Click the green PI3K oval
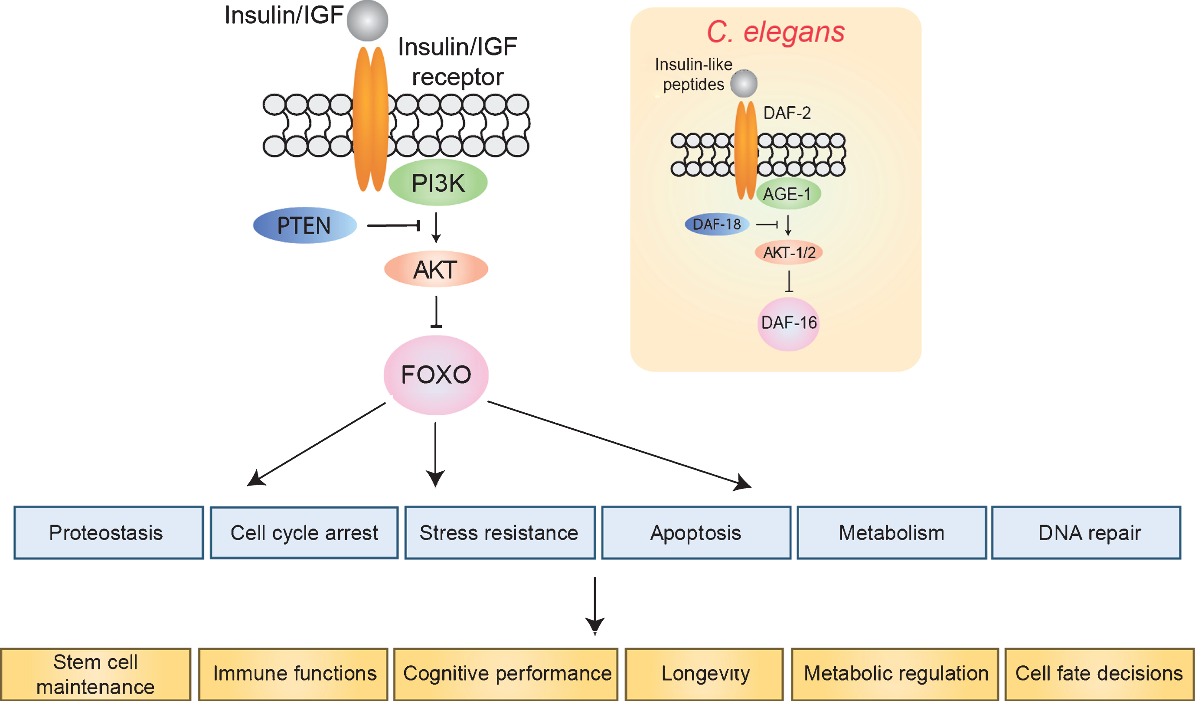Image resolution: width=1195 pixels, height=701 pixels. [438, 183]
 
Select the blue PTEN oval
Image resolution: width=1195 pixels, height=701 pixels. [305, 225]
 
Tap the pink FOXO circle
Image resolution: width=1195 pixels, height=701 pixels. [436, 375]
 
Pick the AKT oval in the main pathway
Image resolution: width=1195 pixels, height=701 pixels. [436, 269]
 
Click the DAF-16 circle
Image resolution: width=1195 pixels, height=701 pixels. [788, 324]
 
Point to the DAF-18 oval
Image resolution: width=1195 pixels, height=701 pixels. [717, 224]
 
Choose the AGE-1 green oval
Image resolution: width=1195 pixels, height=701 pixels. [788, 193]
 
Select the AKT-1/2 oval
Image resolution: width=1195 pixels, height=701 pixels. [789, 252]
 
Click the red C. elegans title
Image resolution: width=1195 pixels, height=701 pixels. [776, 32]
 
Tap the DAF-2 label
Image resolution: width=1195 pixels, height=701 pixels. [787, 113]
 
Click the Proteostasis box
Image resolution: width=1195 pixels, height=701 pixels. [108, 533]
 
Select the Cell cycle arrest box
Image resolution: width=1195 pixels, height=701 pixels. [304, 533]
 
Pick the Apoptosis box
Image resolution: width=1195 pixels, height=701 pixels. [696, 533]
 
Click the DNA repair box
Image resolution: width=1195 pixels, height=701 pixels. [1086, 533]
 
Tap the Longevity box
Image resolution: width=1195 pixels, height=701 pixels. [704, 674]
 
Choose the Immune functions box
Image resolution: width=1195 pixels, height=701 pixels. [293, 674]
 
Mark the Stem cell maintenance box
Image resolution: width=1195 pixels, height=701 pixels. [96, 674]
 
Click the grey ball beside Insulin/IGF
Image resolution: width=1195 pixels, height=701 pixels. [368, 20]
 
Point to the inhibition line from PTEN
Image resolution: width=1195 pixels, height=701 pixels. [394, 225]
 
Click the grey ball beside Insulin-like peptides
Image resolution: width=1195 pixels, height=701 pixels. [744, 83]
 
